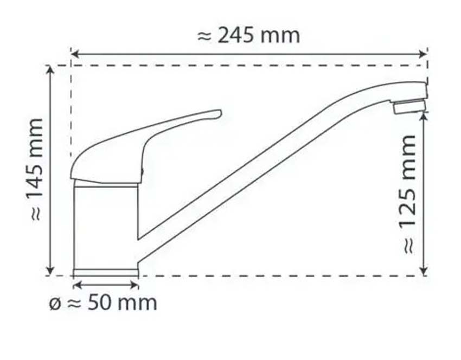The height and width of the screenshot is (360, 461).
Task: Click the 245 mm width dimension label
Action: pos(248,36)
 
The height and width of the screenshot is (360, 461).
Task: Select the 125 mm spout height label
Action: pos(407,194)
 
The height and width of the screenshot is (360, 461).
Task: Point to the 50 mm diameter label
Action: pos(103,303)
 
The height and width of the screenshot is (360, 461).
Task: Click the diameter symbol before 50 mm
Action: pos(55,304)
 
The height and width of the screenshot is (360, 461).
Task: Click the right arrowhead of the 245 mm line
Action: pos(423,54)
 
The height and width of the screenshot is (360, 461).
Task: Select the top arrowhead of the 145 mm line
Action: pos(50,69)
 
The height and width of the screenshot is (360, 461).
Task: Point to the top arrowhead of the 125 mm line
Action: pos(424,117)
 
